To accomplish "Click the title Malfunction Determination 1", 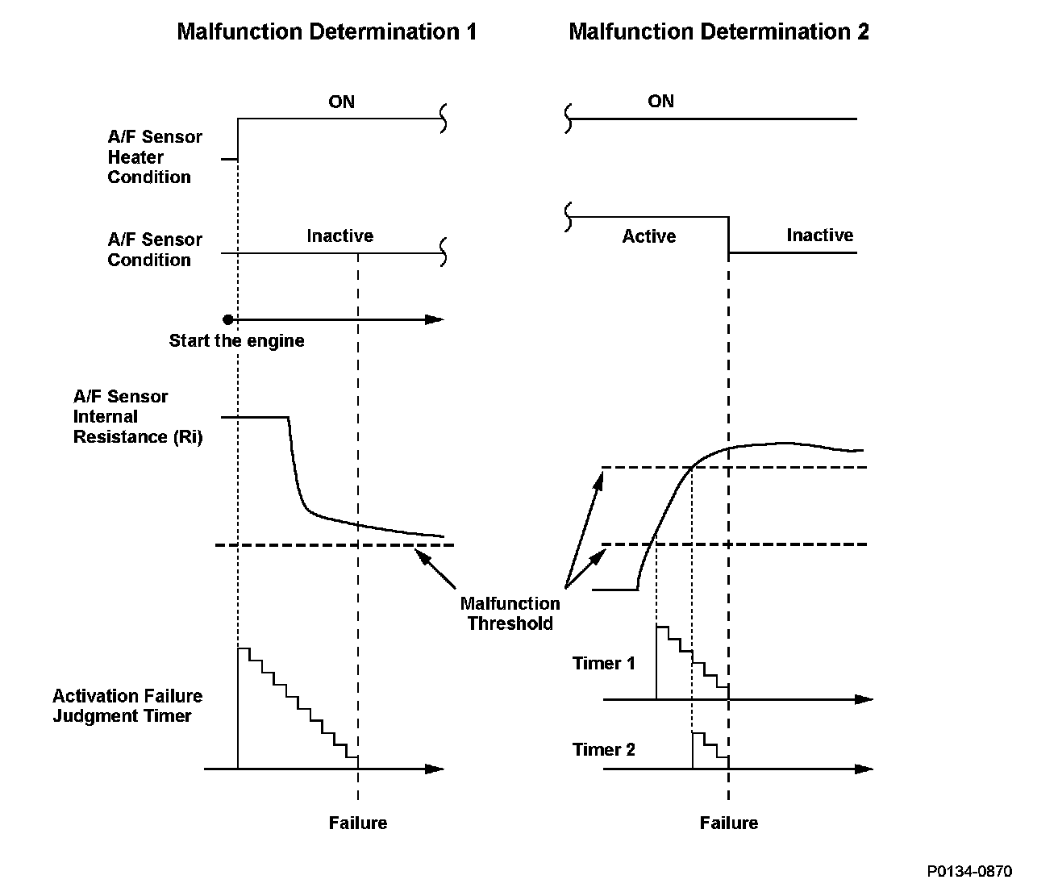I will click(327, 32).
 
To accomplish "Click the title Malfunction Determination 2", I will click(719, 32).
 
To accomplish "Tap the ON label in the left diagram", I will click(341, 102).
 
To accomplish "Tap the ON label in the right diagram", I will click(660, 101).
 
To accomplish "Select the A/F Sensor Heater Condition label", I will click(154, 157).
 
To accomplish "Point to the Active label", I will click(648, 236).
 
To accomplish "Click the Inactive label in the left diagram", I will click(339, 236).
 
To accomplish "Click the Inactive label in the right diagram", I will click(819, 236).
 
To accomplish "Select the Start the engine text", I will click(236, 340).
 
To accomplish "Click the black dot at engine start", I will click(228, 319).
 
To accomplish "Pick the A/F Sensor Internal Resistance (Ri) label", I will click(137, 417).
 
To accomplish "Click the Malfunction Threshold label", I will click(510, 613).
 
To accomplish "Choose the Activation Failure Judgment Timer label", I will click(127, 706).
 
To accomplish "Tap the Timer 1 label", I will click(603, 663).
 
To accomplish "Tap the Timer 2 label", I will click(603, 749).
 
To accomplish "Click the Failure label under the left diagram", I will click(357, 823).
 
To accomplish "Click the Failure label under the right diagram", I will click(728, 823).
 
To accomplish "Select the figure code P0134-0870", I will click(968, 871).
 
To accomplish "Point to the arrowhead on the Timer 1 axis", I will click(864, 699).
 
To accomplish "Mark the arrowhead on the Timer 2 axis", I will click(864, 769).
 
